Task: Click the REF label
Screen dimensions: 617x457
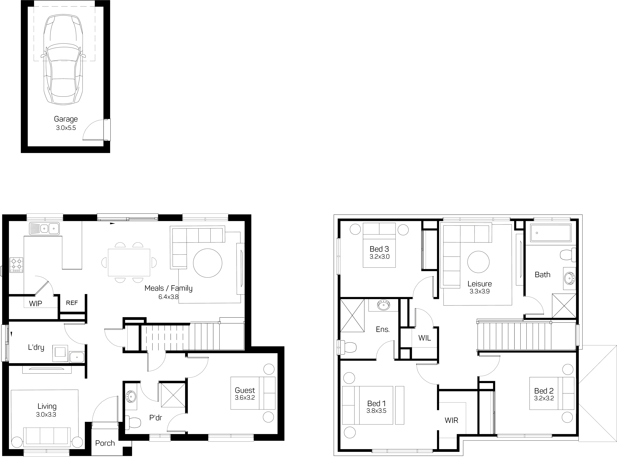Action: click(72, 303)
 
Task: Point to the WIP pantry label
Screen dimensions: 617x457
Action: click(36, 304)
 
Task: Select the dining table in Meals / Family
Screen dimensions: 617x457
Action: click(129, 262)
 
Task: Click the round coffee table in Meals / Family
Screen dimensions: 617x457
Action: click(208, 263)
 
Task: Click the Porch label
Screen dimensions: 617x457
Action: click(105, 443)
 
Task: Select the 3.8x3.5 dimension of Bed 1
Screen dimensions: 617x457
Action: click(376, 411)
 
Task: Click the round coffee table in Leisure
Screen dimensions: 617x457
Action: click(478, 262)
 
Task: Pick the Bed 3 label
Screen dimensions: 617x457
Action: click(379, 249)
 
